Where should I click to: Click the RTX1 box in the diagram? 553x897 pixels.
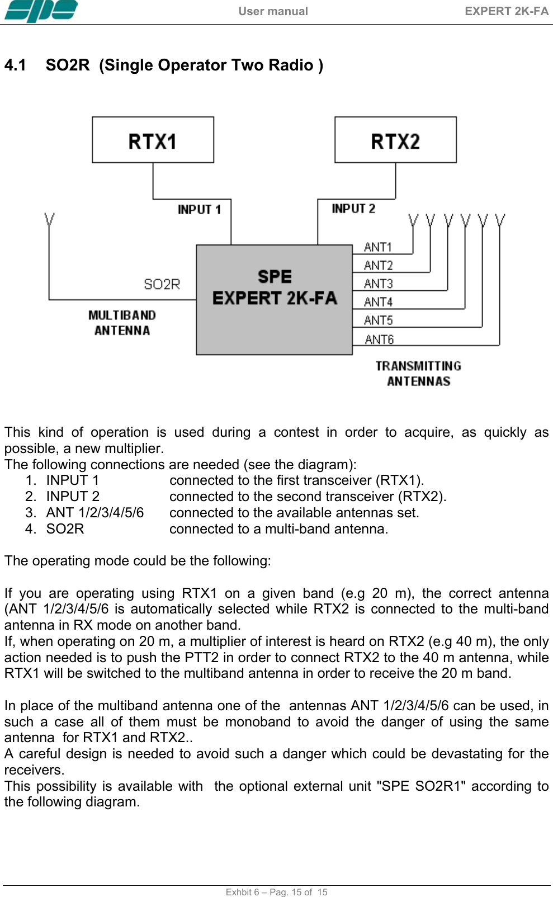[153, 140]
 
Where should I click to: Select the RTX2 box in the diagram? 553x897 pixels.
[395, 140]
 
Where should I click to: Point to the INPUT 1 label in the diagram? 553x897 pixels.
[199, 210]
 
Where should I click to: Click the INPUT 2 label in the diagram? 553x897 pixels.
[353, 209]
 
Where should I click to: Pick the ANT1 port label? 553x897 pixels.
[378, 247]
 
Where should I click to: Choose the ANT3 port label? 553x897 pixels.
[378, 284]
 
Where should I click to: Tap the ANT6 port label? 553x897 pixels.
[379, 339]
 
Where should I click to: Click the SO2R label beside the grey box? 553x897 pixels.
[162, 285]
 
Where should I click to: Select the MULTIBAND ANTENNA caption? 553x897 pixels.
[122, 323]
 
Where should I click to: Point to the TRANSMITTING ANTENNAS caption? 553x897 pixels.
[418, 374]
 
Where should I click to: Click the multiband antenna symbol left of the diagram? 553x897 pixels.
[49, 220]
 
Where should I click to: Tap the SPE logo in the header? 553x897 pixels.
[41, 11]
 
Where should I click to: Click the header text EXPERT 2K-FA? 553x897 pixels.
[507, 11]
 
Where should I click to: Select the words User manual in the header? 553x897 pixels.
[273, 11]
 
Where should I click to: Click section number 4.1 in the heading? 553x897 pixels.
[15, 65]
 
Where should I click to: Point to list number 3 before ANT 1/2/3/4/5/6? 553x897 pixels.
[31, 513]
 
